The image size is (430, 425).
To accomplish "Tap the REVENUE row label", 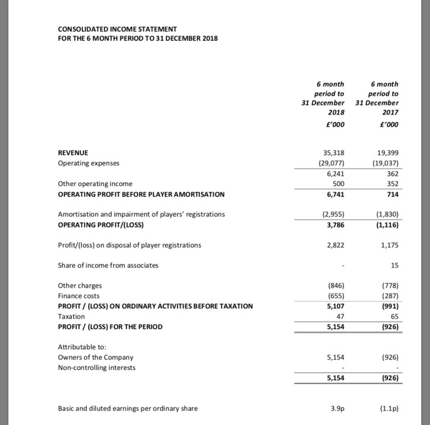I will pos(74,152).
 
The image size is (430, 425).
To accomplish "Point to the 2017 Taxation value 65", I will pos(394,316).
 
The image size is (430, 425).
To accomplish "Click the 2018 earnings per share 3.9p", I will pos(337,409).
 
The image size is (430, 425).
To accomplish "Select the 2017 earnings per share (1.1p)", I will pos(388,409).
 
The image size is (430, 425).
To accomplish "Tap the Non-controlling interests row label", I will pos(96,368).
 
